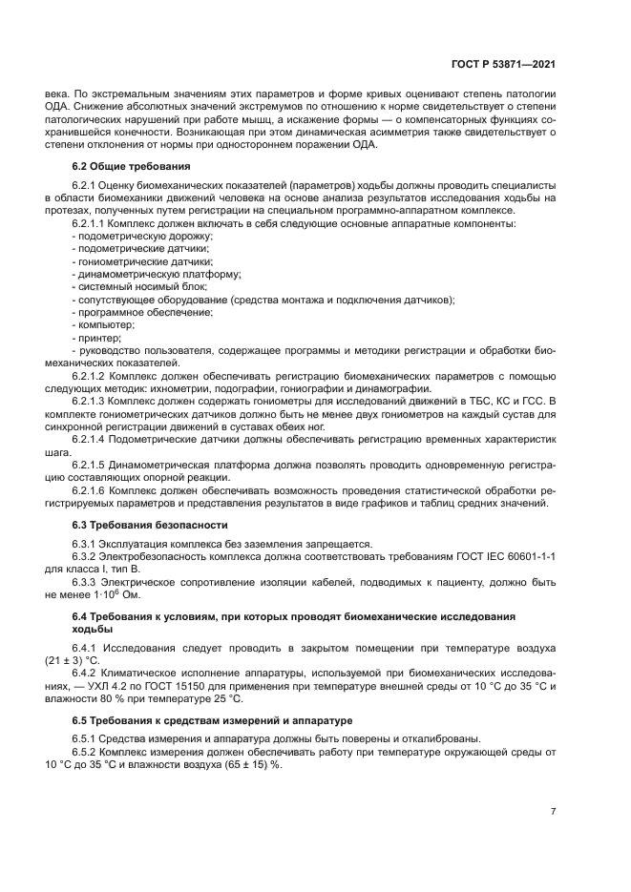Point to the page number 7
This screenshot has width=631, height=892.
[554, 811]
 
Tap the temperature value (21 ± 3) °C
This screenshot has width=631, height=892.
[72, 659]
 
